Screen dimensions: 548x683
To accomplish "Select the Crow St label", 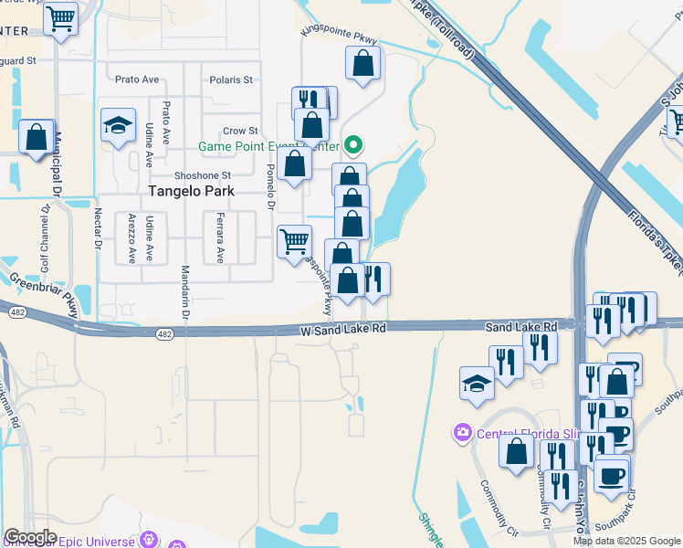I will tap(241, 132).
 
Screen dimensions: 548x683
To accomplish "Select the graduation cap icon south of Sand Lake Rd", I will tap(477, 384).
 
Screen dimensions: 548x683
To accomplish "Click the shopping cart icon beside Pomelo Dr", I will tap(294, 242).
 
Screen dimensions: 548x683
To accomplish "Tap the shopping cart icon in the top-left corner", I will tap(60, 17).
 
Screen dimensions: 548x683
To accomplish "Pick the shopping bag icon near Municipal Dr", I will tap(37, 138).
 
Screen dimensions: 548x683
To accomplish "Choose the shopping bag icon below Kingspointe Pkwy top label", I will tap(363, 64).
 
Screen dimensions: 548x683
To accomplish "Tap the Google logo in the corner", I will tap(30, 537).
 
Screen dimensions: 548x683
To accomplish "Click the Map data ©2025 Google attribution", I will tap(626, 541).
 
